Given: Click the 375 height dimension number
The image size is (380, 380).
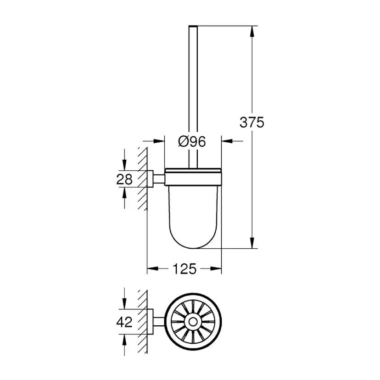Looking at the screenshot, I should [252, 123].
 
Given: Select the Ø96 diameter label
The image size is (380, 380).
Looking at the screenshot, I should [191, 142].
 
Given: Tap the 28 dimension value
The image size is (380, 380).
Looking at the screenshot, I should [124, 179].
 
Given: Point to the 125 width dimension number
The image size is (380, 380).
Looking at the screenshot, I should [185, 269].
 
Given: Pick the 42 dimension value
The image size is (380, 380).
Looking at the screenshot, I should [124, 322].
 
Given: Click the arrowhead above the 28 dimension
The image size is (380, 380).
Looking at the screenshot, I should [124, 165].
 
